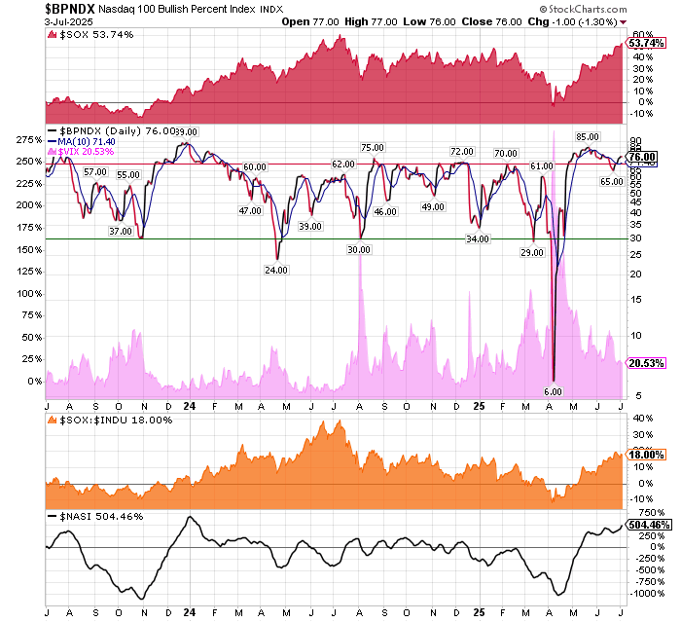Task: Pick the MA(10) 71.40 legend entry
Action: point(90,142)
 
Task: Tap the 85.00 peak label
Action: point(587,137)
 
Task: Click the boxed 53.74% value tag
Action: point(647,44)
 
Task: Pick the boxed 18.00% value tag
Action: point(647,455)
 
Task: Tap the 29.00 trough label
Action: point(531,252)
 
